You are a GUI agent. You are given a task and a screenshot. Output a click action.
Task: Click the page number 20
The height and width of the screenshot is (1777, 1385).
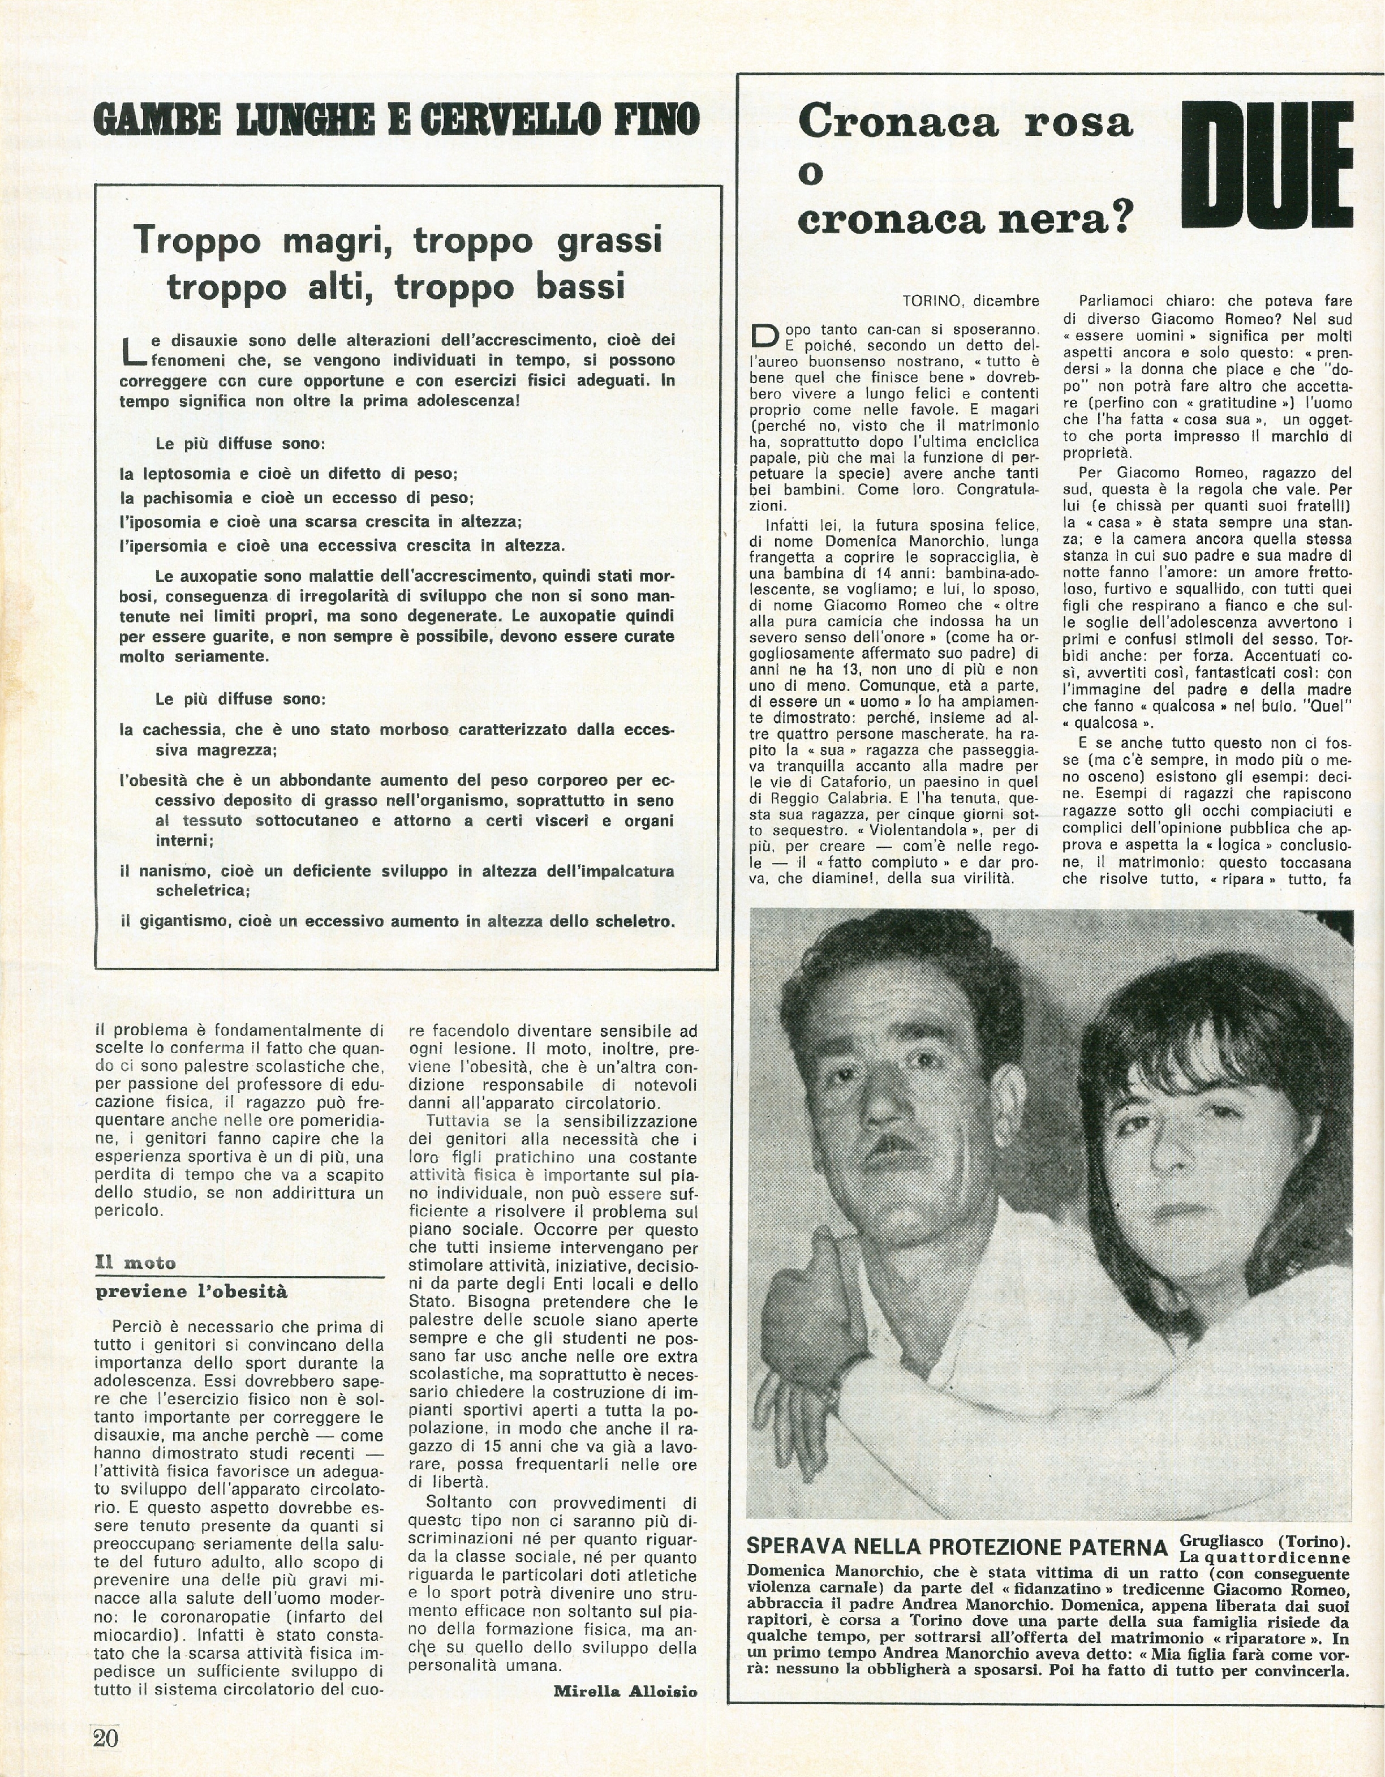pyautogui.click(x=106, y=1737)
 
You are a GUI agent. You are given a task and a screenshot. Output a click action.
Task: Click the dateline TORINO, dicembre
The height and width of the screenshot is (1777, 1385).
pyautogui.click(x=970, y=301)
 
